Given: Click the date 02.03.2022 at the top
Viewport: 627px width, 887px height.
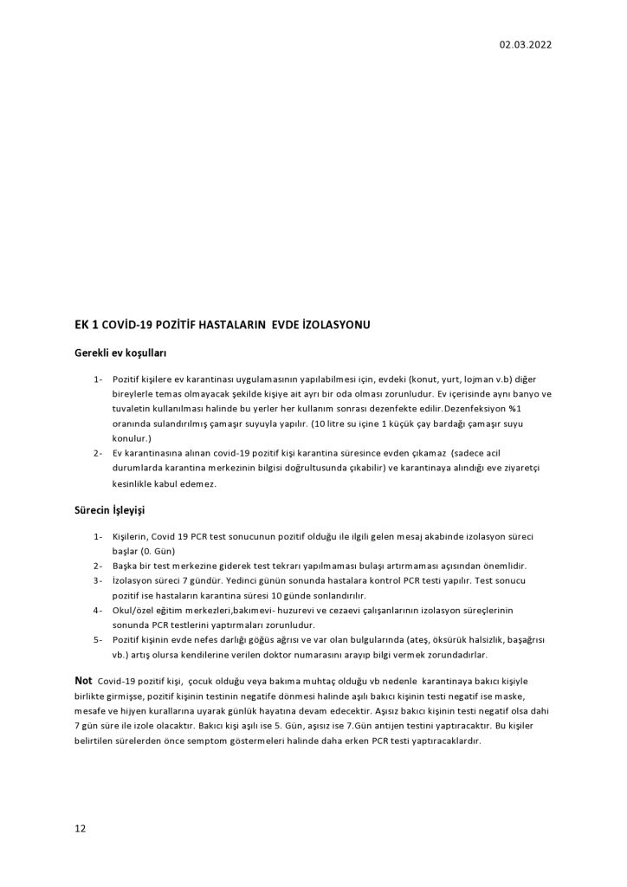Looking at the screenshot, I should point(525,45).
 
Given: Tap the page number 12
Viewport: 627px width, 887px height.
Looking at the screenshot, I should point(80,828).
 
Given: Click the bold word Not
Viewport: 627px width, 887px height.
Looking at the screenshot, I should point(84,681).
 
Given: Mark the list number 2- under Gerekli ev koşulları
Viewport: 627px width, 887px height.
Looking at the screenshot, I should point(98,453).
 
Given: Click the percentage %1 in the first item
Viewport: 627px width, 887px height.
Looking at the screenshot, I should point(542,409).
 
